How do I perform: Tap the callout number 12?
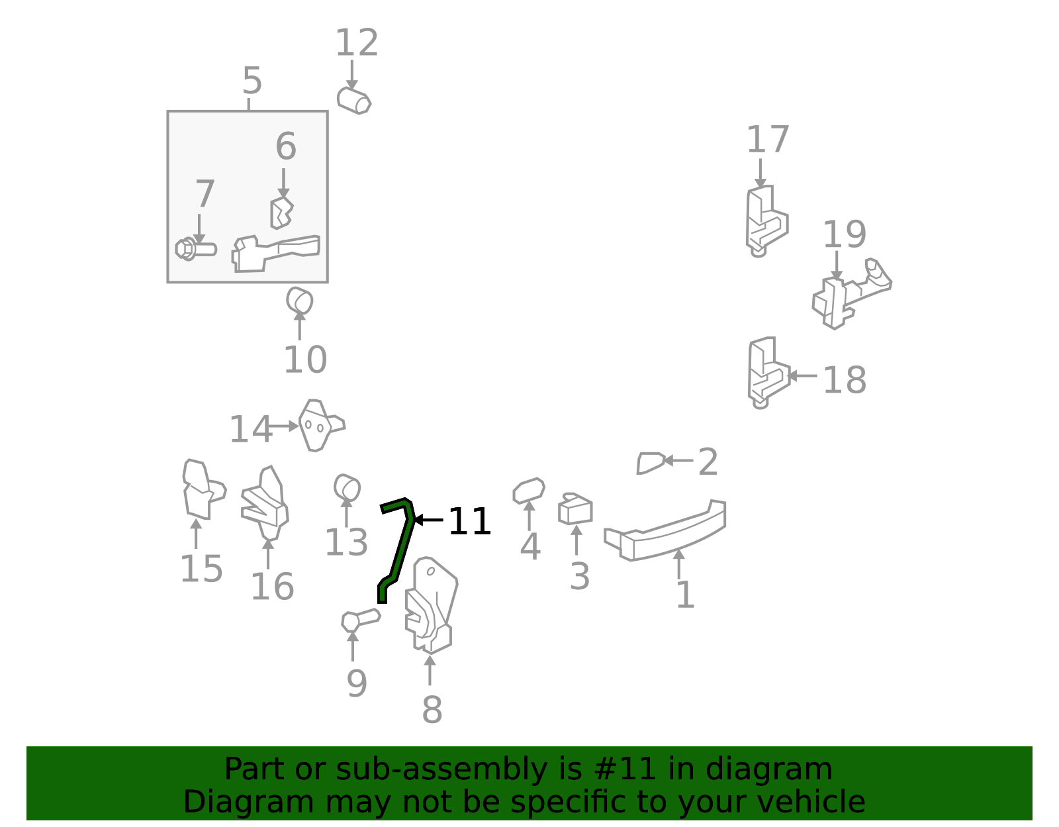pyautogui.click(x=357, y=43)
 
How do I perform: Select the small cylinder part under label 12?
pyautogui.click(x=354, y=101)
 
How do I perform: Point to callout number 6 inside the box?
pyautogui.click(x=285, y=146)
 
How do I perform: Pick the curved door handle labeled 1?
pyautogui.click(x=665, y=531)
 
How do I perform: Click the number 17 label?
pyautogui.click(x=768, y=140)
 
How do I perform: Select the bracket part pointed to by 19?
pyautogui.click(x=852, y=294)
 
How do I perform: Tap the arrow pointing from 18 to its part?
pyautogui.click(x=802, y=375)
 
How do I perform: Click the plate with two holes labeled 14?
pyautogui.click(x=321, y=426)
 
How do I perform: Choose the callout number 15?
pyautogui.click(x=201, y=569)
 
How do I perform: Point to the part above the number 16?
pyautogui.click(x=265, y=503)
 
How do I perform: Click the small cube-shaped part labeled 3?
pyautogui.click(x=576, y=509)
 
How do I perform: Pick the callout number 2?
pyautogui.click(x=708, y=462)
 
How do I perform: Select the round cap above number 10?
pyautogui.click(x=299, y=300)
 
